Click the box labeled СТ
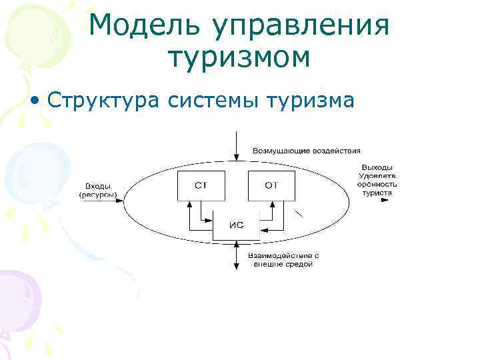[x=201, y=185]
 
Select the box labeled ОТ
[x=271, y=185]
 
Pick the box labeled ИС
[x=236, y=225]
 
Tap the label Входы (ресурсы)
[x=98, y=190]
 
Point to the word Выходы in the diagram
[x=377, y=167]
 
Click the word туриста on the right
[x=377, y=193]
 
